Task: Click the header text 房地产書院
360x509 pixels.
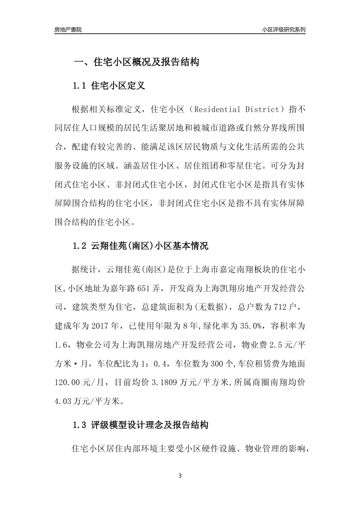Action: point(68,30)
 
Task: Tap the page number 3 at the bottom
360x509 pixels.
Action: point(180,476)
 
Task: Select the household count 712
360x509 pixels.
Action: point(280,307)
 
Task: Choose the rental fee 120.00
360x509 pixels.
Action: point(69,383)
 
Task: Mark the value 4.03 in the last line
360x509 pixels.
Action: point(63,400)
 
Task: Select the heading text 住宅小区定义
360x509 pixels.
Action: point(118,86)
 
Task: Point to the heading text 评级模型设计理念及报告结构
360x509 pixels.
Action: point(150,425)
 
